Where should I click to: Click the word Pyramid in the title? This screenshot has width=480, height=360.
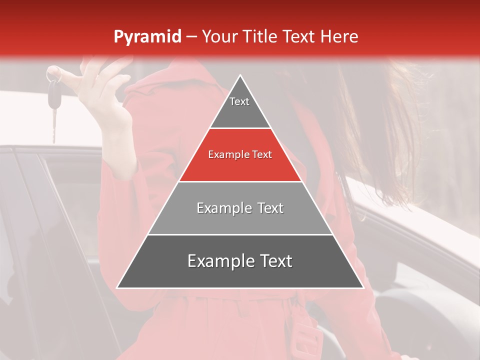pos(147,37)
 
